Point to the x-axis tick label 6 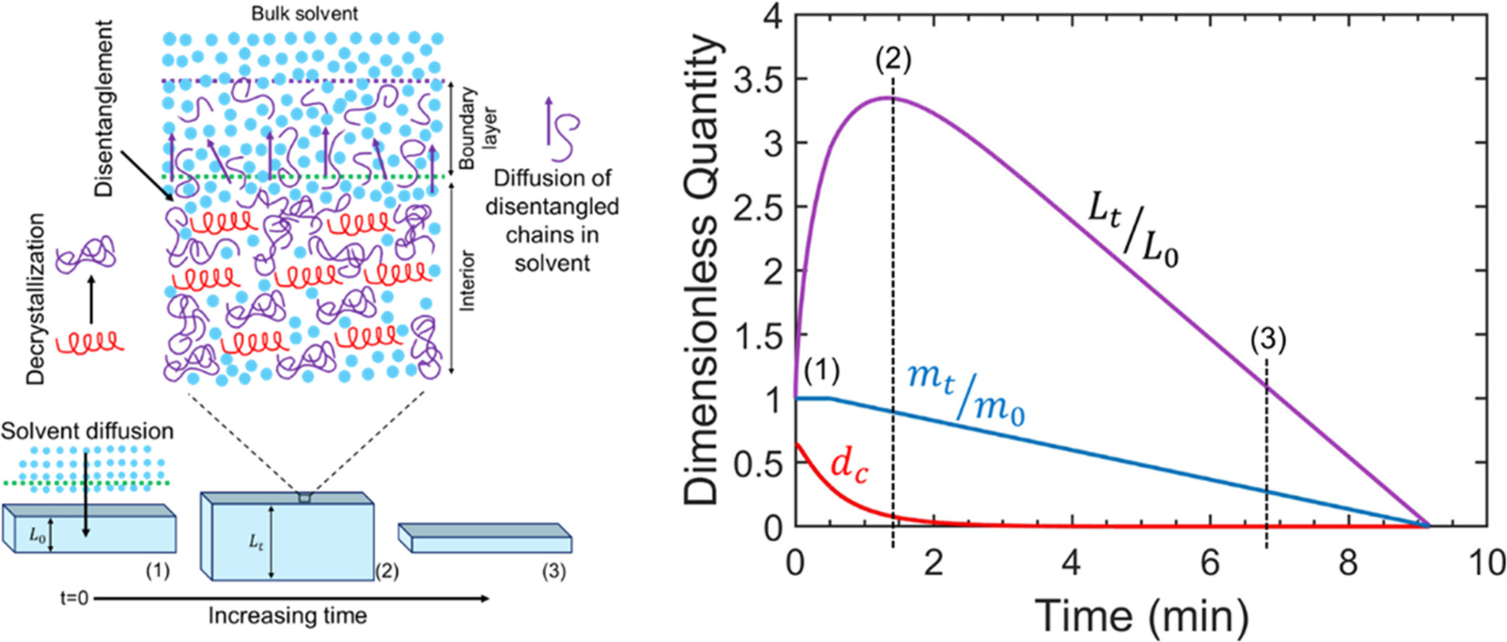point(1210,562)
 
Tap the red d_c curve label point(849,466)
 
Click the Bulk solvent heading point(304,13)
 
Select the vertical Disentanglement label point(105,109)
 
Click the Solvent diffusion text point(88,431)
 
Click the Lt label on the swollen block point(256,542)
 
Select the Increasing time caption point(287,616)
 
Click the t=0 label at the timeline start point(75,599)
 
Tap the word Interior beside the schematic point(467,281)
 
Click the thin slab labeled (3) point(485,539)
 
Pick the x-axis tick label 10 point(1486,562)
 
